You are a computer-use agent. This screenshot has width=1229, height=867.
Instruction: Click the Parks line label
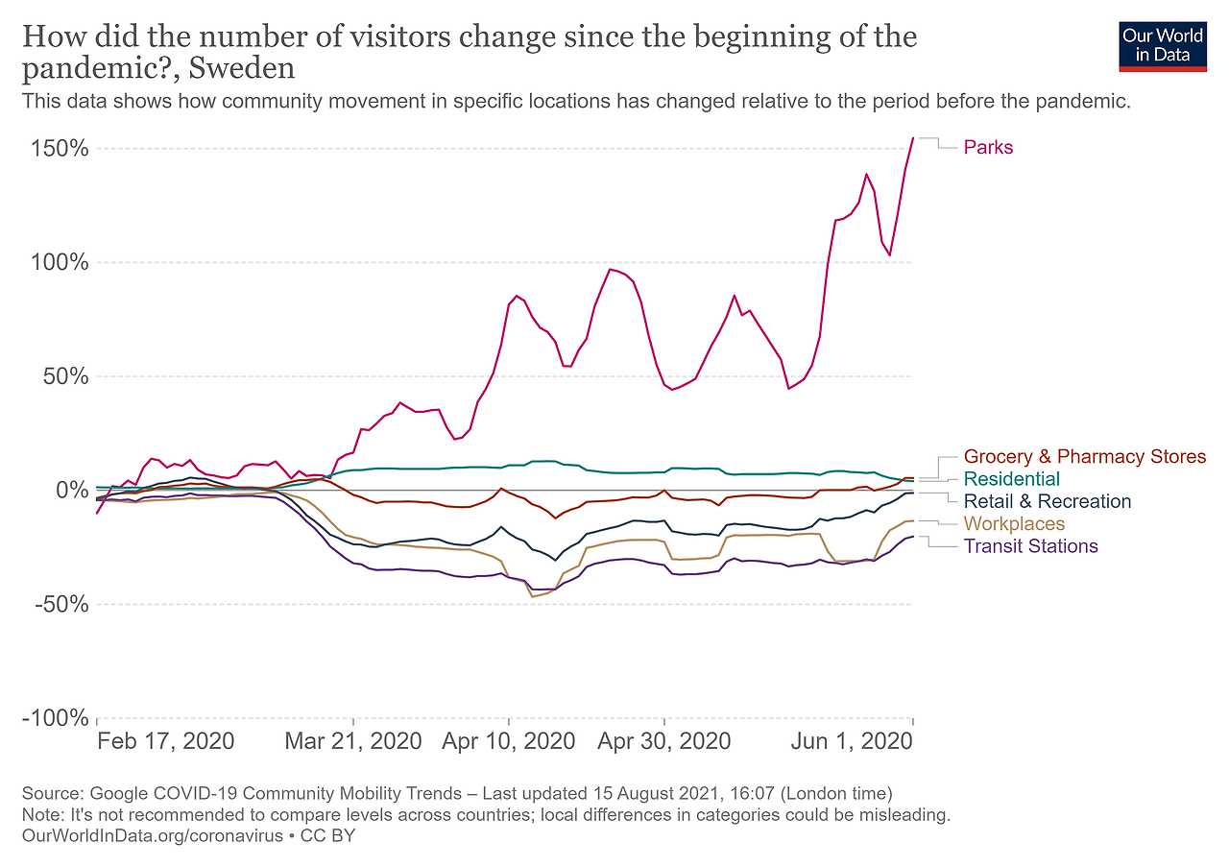pos(988,148)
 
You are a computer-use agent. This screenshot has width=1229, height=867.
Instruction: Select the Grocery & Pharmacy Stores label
pos(1084,457)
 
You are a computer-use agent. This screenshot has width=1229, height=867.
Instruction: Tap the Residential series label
pos(1011,479)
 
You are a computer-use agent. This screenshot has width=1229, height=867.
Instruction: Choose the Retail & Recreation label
pos(1047,501)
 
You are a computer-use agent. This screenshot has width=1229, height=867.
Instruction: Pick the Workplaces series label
pos(1014,524)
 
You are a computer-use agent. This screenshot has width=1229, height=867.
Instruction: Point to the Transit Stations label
pos(1030,546)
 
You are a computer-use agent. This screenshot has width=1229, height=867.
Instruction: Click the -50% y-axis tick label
pos(63,605)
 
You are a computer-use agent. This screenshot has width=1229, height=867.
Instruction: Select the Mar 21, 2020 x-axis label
pos(354,742)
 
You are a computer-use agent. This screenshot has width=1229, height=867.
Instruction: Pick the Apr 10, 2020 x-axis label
pos(509,742)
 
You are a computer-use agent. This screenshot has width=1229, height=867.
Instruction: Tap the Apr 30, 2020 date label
pos(663,742)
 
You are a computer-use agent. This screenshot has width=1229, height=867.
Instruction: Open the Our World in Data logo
pos(1163,45)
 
